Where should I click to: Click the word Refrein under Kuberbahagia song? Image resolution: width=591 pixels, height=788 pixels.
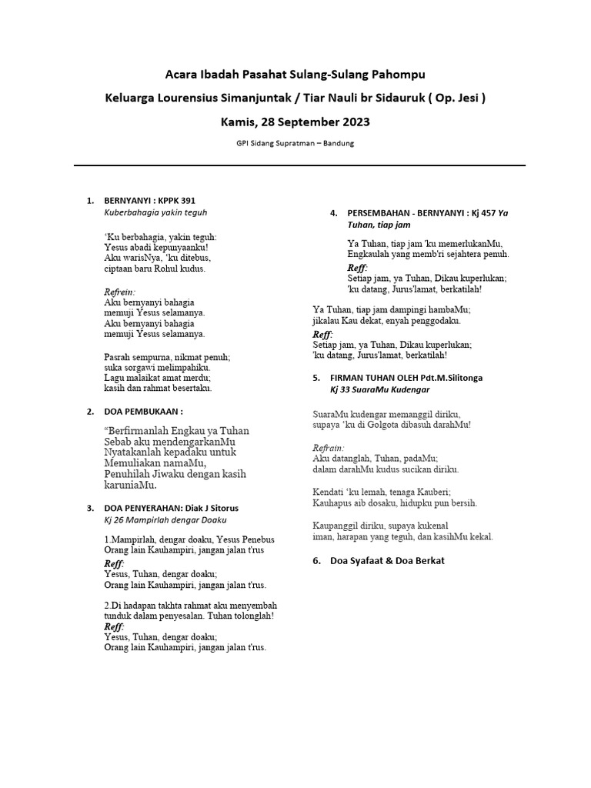[x=119, y=292]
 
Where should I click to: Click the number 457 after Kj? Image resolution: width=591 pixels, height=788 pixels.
[x=496, y=212]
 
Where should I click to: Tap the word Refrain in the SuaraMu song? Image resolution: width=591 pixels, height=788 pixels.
[x=329, y=447]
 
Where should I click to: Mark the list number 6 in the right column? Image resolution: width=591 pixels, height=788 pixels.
[x=316, y=560]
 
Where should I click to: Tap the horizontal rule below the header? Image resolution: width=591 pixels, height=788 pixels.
[x=299, y=165]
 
